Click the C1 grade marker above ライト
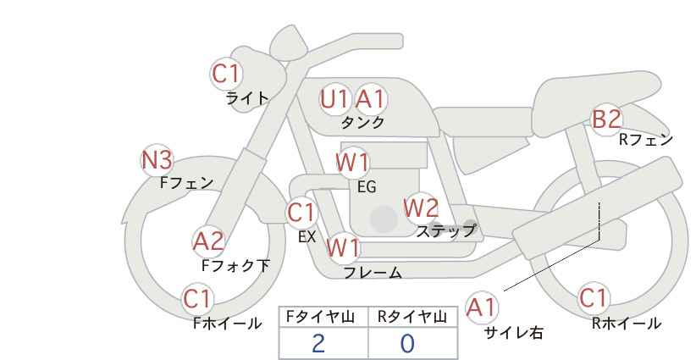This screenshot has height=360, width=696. (226, 75)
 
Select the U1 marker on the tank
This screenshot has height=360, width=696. (334, 99)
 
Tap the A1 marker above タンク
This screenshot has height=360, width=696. (370, 99)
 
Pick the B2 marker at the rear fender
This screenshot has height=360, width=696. (606, 119)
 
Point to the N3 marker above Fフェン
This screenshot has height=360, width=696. (157, 159)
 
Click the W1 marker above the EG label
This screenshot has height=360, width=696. (352, 163)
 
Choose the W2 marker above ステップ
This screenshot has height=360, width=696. (421, 207)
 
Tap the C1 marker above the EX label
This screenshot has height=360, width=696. (301, 212)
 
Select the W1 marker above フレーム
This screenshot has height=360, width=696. (343, 248)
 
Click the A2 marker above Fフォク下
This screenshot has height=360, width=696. (208, 241)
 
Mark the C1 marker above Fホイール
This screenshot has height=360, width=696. (198, 298)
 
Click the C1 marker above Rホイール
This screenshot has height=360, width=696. (593, 298)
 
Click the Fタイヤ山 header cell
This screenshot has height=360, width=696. (323, 317)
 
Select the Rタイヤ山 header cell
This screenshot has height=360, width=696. (412, 317)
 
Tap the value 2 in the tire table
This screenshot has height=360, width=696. (318, 343)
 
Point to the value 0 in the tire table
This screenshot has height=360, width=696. (407, 343)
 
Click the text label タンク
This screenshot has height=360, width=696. (362, 122)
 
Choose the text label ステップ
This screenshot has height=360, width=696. (445, 230)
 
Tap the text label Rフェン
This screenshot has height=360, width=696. (645, 140)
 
